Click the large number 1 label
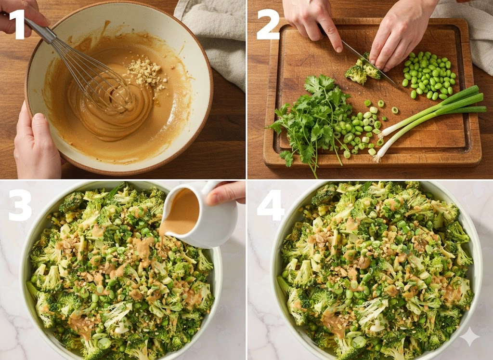(x=18, y=25)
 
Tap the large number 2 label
(x=268, y=25)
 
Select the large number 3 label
(x=20, y=205)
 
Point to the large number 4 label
(x=271, y=205)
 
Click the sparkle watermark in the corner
(x=470, y=337)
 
